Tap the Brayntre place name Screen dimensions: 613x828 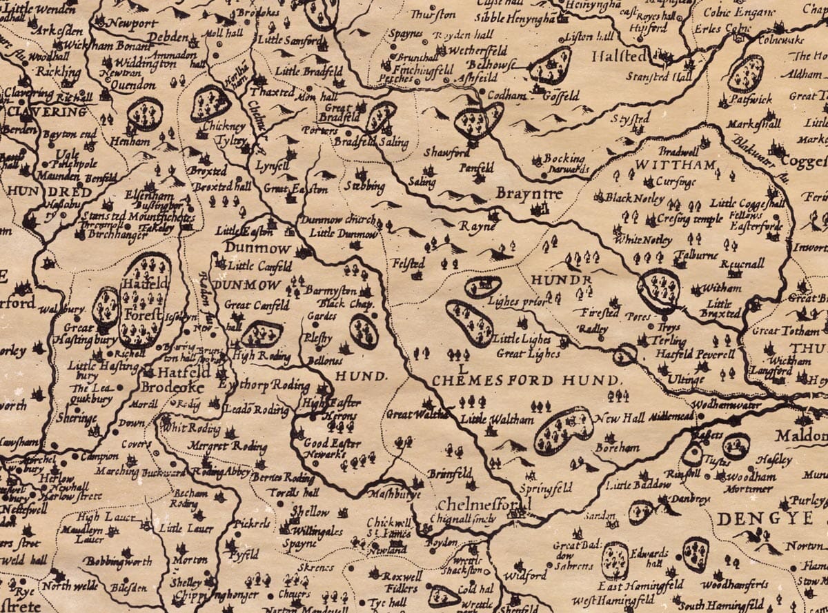pyautogui.click(x=529, y=194)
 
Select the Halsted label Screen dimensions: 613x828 pyautogui.click(x=619, y=56)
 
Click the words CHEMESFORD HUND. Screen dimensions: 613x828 pyautogui.click(x=526, y=381)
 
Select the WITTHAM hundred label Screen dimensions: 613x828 pyautogui.click(x=665, y=165)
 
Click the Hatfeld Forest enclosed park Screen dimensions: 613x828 pyautogui.click(x=145, y=300)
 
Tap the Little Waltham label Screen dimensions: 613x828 pyautogui.click(x=488, y=419)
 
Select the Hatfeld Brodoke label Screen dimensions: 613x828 pyautogui.click(x=172, y=379)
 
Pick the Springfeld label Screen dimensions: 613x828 pyautogui.click(x=546, y=488)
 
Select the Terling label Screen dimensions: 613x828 pyautogui.click(x=668, y=341)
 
